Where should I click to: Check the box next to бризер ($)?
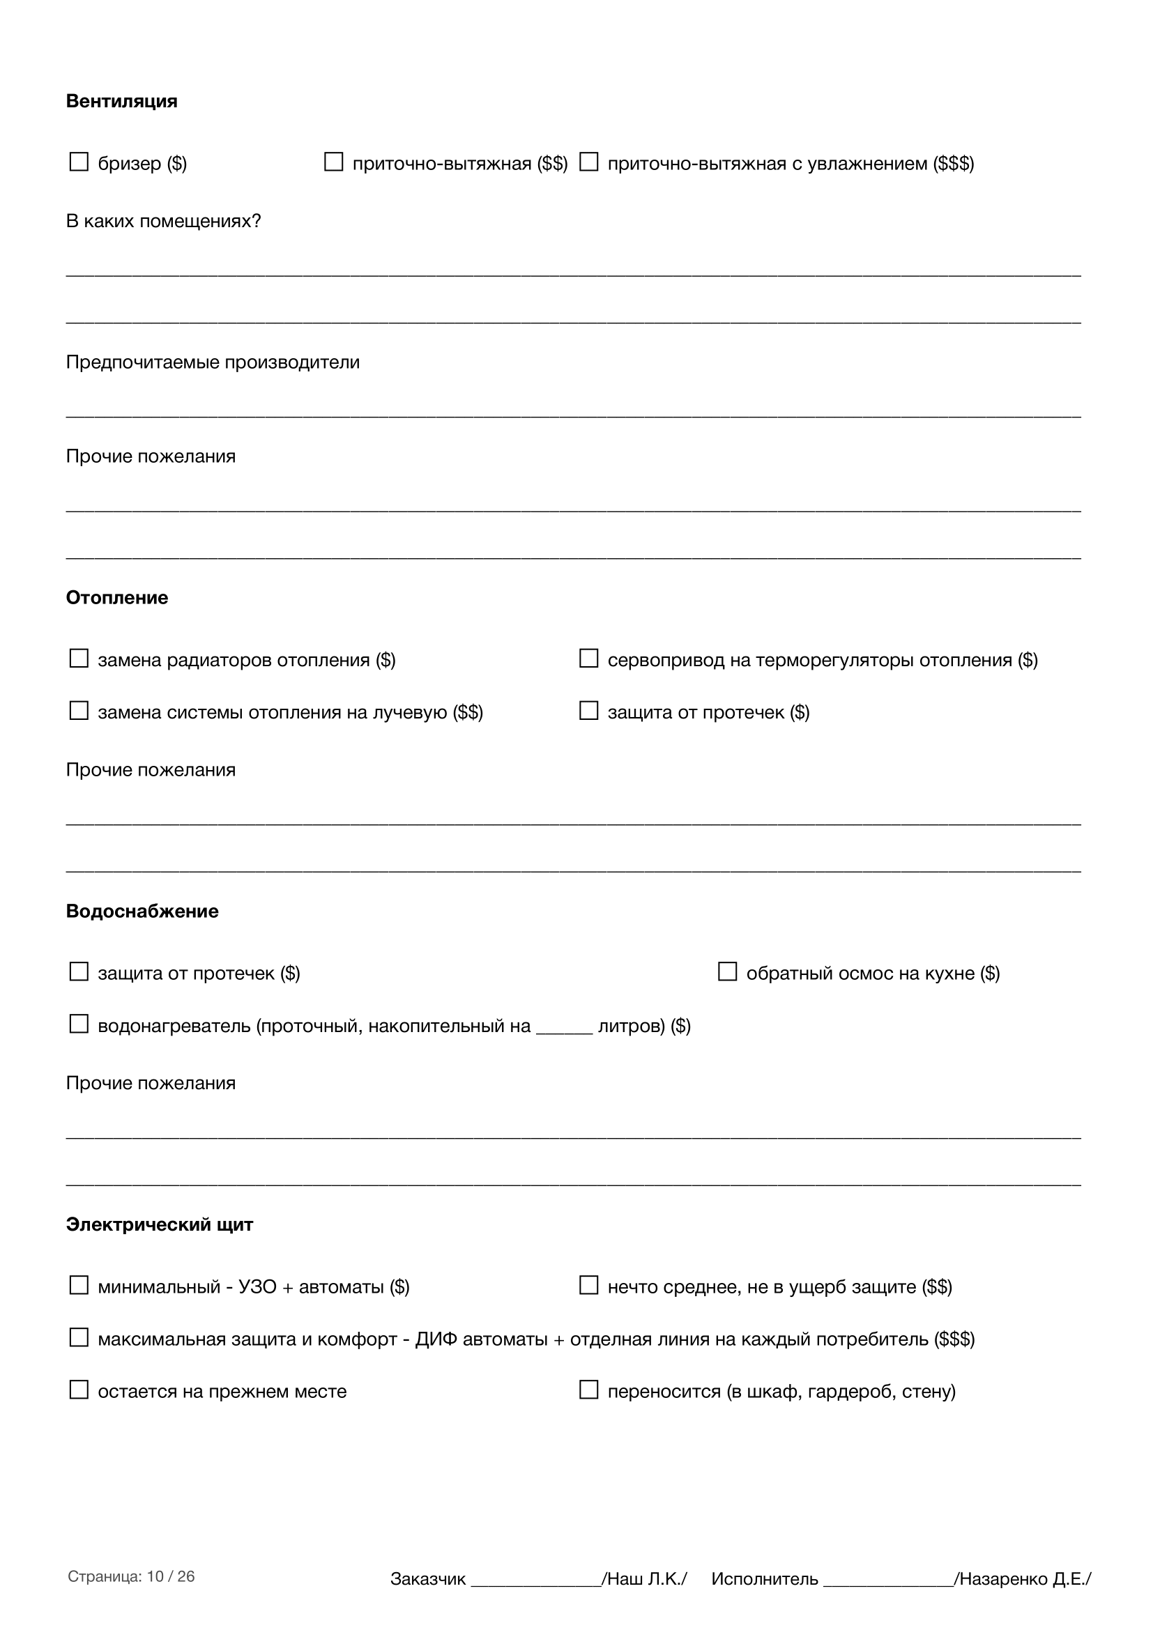point(78,162)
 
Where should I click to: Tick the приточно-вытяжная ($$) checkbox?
point(333,162)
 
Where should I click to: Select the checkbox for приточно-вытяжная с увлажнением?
point(588,162)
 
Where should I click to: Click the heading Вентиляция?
point(121,101)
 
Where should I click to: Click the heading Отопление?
point(117,598)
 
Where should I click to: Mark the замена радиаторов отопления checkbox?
point(78,659)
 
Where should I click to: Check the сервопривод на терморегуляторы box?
point(588,659)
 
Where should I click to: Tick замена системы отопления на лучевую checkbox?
point(78,711)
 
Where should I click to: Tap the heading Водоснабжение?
point(142,911)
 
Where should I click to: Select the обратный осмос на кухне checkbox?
point(727,972)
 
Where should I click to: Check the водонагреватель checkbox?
point(78,1024)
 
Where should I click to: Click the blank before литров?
point(564,1028)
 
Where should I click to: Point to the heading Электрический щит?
point(159,1224)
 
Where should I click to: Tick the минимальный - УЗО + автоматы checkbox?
point(78,1286)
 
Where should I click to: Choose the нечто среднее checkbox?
point(588,1286)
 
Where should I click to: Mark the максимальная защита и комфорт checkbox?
point(78,1338)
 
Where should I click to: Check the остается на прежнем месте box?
point(78,1390)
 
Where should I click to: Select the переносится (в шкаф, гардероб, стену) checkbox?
point(588,1390)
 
